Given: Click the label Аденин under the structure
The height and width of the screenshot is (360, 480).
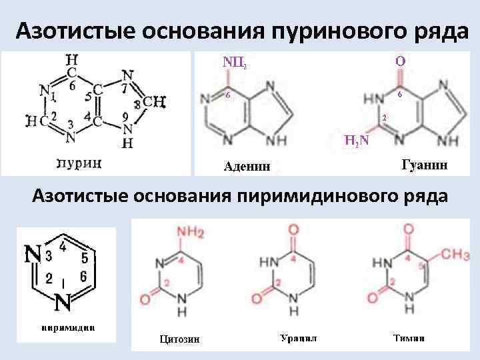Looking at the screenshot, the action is pyautogui.click(x=247, y=166).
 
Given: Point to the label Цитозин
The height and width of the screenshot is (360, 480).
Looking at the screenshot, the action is pyautogui.click(x=179, y=340).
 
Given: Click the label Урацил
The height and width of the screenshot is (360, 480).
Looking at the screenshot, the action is pyautogui.click(x=297, y=338).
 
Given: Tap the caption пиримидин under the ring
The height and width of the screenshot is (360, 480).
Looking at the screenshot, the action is pyautogui.click(x=65, y=327).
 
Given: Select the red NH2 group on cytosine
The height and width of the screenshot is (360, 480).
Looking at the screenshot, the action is pyautogui.click(x=191, y=232).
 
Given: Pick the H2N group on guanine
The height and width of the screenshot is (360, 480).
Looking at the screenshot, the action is pyautogui.click(x=358, y=141).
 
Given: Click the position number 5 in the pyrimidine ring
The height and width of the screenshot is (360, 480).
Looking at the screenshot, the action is pyautogui.click(x=84, y=255).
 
